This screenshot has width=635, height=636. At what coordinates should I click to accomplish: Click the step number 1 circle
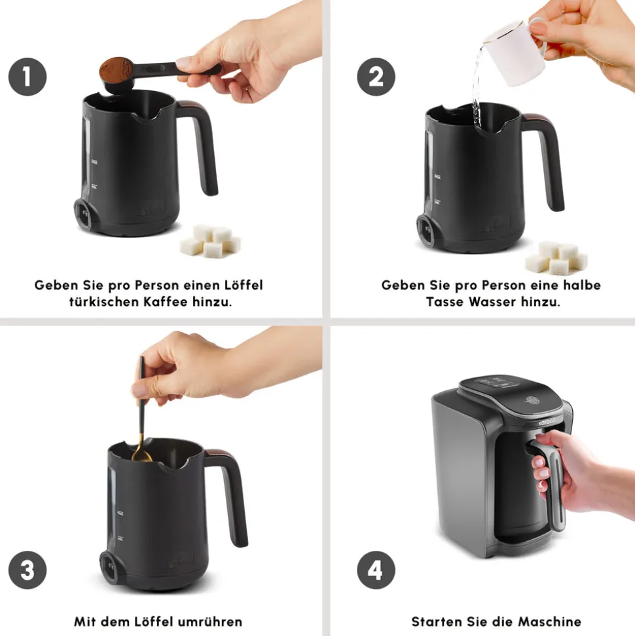(27, 77)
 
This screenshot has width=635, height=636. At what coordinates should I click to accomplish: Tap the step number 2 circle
(376, 77)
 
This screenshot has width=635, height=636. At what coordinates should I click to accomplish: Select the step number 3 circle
(27, 570)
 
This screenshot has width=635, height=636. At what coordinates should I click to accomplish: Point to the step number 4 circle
(376, 570)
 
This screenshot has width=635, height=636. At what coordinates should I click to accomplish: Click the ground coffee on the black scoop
(116, 69)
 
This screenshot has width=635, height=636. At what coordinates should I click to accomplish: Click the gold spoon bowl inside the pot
(142, 455)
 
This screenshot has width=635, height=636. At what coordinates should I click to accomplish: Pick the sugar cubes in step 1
(210, 241)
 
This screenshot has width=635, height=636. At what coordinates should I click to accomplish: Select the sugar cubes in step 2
(556, 258)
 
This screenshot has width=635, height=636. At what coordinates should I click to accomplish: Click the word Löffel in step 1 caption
(244, 285)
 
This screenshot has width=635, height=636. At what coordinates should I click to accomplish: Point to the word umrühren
(210, 622)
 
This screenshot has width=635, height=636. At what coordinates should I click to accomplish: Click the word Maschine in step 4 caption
(549, 622)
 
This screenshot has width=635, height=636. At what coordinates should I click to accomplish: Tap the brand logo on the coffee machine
(546, 422)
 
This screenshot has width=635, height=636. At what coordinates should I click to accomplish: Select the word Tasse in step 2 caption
(444, 302)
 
